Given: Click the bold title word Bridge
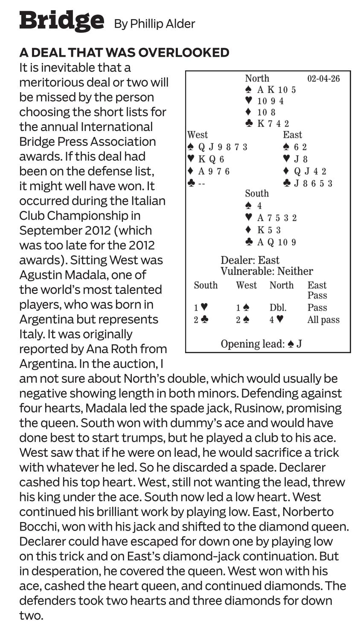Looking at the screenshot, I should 61,20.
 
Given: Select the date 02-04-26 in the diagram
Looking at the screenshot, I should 323,79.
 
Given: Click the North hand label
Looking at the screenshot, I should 257,78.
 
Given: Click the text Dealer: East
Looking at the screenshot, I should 250,260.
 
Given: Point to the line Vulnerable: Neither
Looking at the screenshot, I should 267,271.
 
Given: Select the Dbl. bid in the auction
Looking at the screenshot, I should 278,308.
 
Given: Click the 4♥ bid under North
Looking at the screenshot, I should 276,320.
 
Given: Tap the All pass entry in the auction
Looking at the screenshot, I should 323,320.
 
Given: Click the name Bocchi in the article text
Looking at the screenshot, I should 40,526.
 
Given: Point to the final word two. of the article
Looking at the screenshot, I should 31,615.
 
